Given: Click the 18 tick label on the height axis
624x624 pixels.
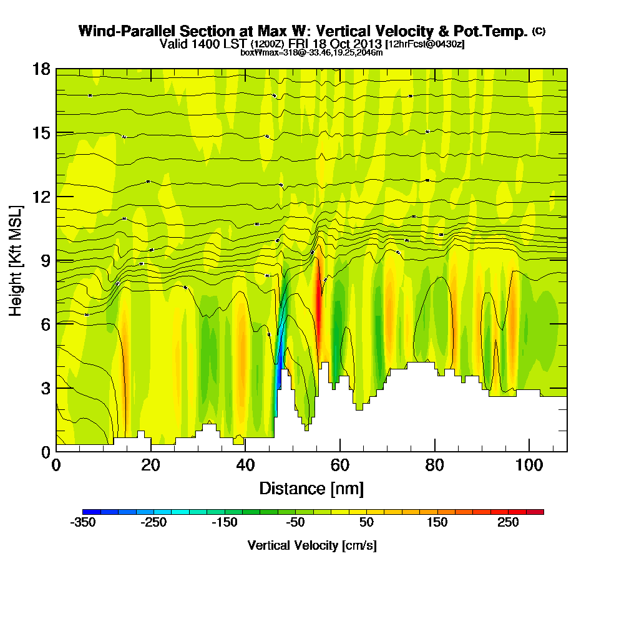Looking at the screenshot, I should click(x=41, y=69).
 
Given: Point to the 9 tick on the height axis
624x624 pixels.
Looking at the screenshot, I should click(x=56, y=260).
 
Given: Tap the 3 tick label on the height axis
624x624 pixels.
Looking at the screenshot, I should click(x=46, y=388).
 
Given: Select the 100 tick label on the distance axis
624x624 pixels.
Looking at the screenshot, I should click(x=529, y=466).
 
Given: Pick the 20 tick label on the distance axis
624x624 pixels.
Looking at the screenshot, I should click(x=150, y=466).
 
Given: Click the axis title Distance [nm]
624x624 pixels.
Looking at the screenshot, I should click(x=311, y=488).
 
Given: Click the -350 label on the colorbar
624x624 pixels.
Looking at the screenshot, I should click(x=84, y=522).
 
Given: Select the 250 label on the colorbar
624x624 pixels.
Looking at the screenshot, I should click(x=508, y=522).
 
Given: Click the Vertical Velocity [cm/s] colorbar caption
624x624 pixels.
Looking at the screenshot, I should click(x=311, y=545).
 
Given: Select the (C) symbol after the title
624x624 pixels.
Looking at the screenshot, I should click(x=539, y=31).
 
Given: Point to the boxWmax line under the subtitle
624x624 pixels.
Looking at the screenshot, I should click(x=311, y=52).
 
